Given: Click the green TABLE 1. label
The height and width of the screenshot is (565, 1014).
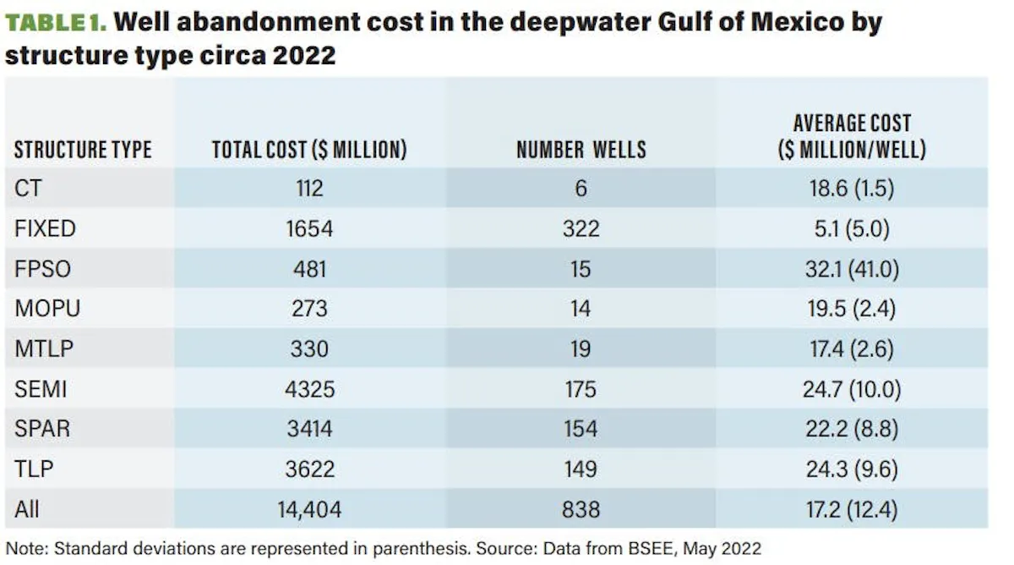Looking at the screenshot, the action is pos(56,23).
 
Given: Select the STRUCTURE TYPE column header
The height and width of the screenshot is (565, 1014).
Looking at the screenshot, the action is pos(83,150).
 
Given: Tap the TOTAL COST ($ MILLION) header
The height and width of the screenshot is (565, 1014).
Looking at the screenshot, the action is pos(309,150).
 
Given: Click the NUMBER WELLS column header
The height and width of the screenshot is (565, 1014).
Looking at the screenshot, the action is pos(581,150).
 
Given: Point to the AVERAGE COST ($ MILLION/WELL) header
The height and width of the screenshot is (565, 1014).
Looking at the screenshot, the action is pos(852,136).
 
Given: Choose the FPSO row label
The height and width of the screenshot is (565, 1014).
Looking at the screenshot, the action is pos(42,269).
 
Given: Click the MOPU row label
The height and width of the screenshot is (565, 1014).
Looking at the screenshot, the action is pos(47,309).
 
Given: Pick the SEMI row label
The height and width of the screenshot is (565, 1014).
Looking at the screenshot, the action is pos(41,389).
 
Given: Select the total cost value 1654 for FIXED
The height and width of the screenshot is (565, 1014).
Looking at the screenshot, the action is pos(309,228).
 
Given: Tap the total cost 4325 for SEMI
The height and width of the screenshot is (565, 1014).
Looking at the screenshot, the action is pos(309,389).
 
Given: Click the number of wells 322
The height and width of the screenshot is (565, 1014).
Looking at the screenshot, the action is pos(581,228).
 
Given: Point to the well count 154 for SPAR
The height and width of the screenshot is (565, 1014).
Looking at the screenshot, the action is pos(581,429).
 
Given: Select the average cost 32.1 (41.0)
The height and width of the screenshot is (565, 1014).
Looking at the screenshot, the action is pos(852,269).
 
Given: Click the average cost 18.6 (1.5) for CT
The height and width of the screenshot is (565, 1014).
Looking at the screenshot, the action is pos(852,188).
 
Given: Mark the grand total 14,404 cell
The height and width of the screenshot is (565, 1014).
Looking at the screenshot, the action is pos(309,509).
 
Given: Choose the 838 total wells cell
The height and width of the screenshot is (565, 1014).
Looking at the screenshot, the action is pos(581,509).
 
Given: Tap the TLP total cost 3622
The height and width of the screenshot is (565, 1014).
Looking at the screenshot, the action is pos(310,469).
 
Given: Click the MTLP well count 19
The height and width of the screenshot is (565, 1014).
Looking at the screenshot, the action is pos(581,348).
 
